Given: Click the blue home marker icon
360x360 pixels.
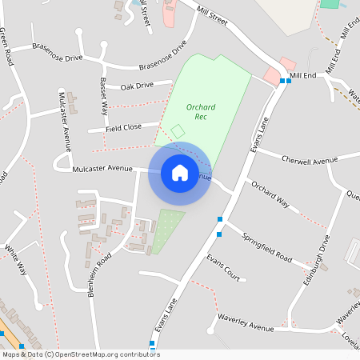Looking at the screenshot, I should (180, 173).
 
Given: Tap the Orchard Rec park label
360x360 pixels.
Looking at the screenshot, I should (202, 111).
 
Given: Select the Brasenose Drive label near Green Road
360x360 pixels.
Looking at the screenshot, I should (58, 58).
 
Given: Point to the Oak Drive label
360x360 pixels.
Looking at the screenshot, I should (137, 86).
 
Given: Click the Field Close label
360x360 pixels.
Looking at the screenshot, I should (124, 127).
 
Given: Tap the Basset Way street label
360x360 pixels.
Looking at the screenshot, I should (103, 92).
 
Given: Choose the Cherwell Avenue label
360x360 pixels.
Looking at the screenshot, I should (314, 161).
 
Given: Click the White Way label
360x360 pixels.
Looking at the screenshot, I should (16, 259).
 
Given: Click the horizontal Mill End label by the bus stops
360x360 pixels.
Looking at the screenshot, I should (304, 75).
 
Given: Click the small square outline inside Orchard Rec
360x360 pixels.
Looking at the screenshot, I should (178, 130).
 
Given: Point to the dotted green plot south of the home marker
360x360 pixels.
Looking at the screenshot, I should (167, 230).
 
